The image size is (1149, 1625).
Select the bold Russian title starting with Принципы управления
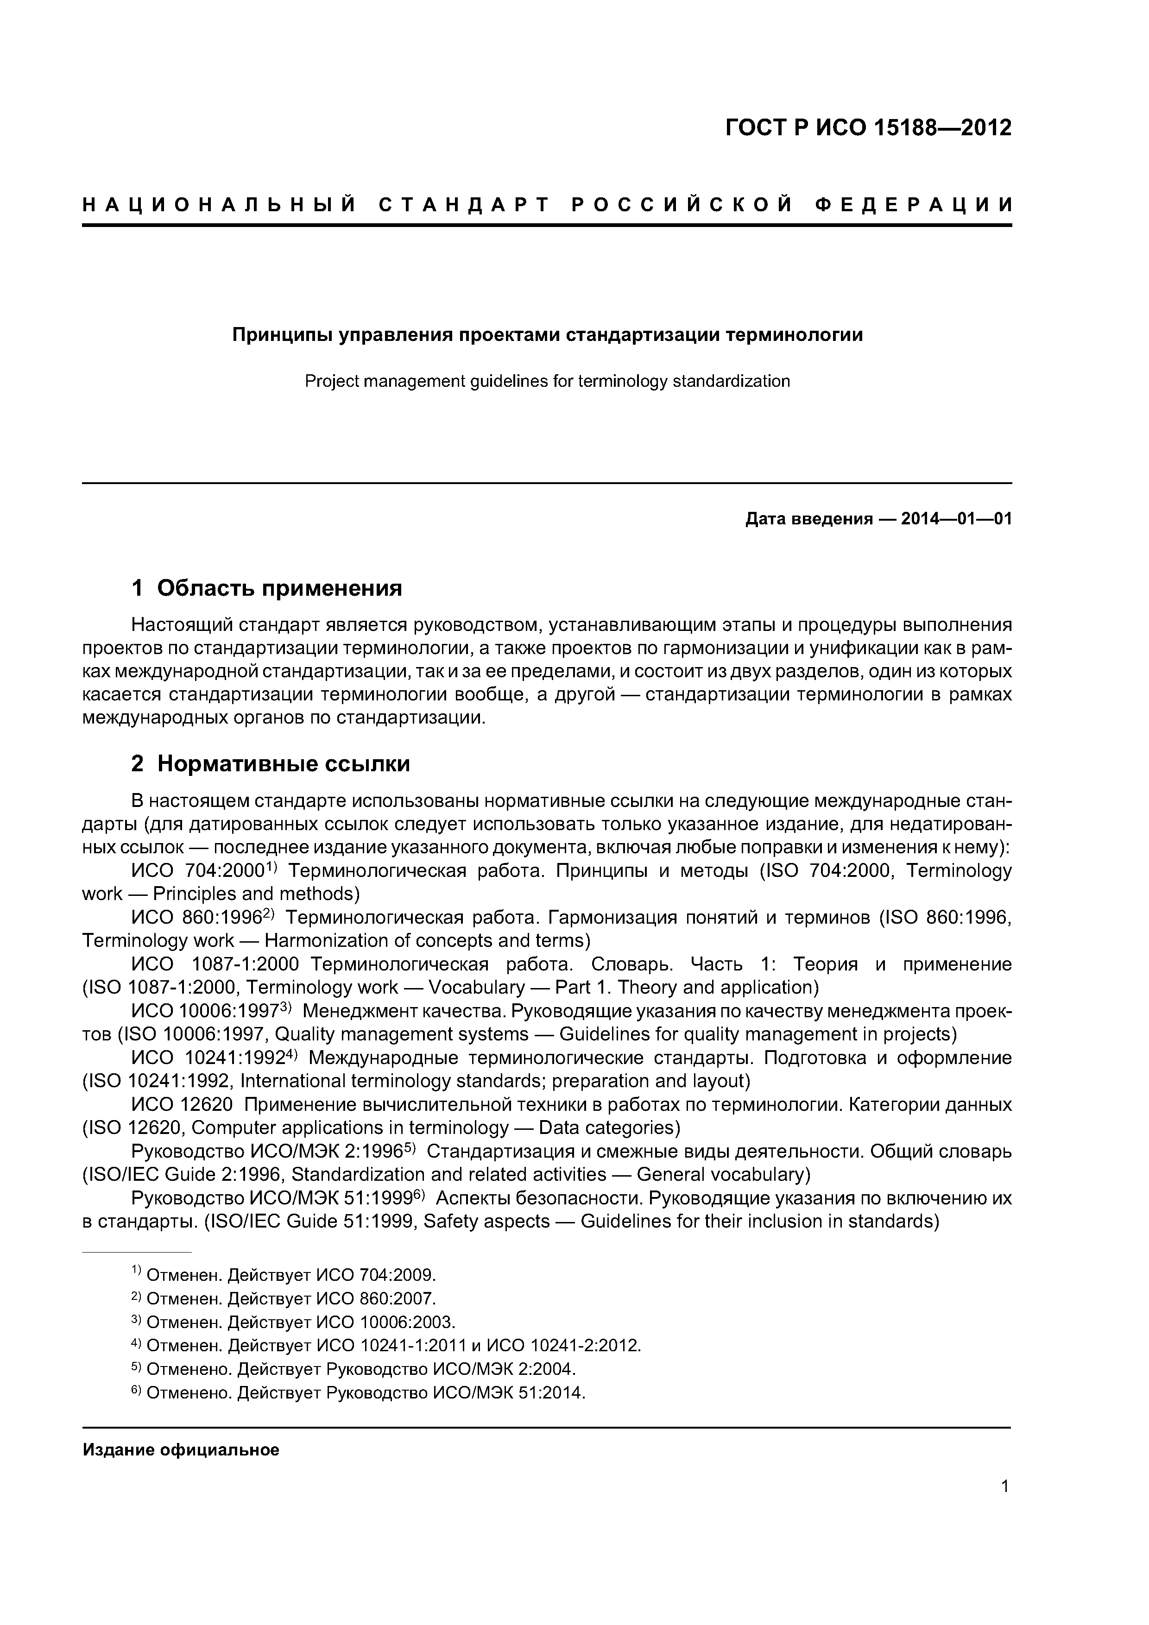[547, 335]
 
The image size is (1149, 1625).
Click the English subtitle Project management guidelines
[547, 382]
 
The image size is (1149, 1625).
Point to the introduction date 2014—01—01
[956, 519]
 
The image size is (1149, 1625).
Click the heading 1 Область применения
[267, 588]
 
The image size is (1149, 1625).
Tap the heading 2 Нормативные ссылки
[271, 764]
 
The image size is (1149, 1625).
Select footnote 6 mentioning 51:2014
[365, 1393]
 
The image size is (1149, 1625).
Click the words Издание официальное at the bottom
[181, 1450]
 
